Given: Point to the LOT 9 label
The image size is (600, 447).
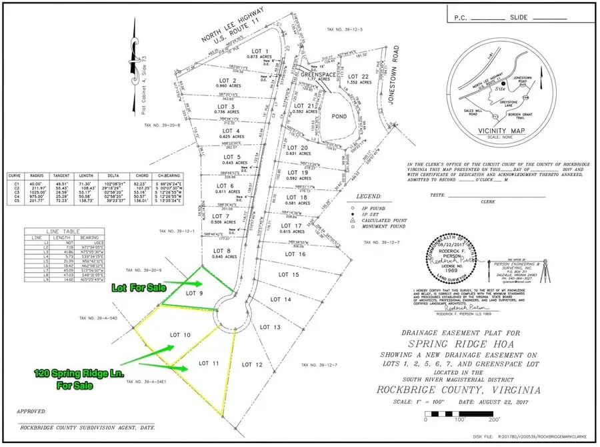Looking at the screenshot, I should tap(194, 293).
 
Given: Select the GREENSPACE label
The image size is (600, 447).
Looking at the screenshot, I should tap(315, 75).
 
